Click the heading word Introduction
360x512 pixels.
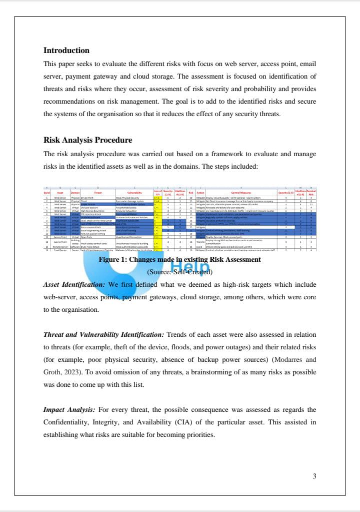click(x=66, y=51)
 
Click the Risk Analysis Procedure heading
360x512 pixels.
click(x=87, y=140)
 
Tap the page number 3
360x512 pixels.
click(x=314, y=476)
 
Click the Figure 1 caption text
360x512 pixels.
click(x=179, y=260)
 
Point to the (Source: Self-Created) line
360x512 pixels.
click(x=179, y=272)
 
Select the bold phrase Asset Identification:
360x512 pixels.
click(x=74, y=284)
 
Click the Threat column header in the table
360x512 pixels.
click(x=97, y=192)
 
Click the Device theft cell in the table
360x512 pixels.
click(x=87, y=198)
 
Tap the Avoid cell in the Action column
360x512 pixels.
click(x=199, y=247)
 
